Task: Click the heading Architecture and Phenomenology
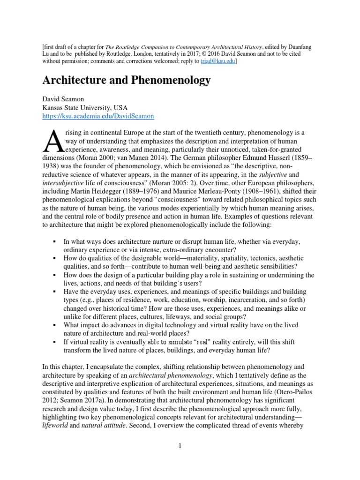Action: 127,81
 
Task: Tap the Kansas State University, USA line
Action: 85,107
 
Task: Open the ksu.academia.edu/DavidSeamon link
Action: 98,115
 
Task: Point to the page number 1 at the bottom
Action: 180,446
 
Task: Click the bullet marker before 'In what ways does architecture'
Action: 55,241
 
